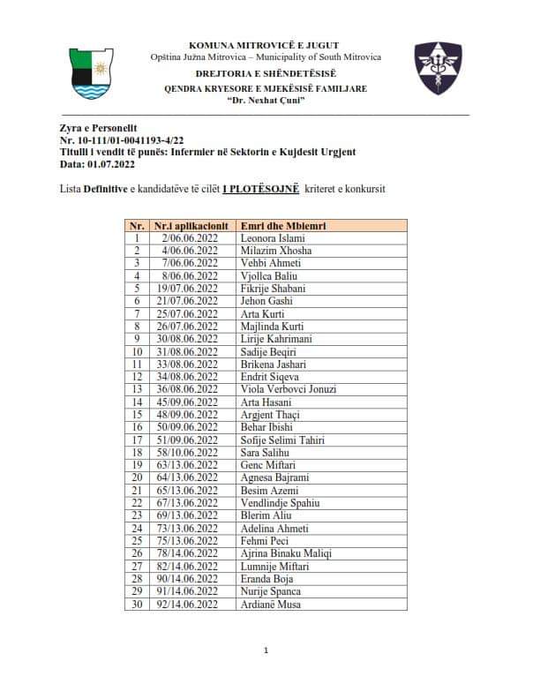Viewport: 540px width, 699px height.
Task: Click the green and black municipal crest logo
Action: click(91, 74)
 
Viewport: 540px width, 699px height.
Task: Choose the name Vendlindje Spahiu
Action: click(280, 503)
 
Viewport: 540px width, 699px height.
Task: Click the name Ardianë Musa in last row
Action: click(270, 604)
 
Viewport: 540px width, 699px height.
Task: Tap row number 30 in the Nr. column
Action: click(137, 604)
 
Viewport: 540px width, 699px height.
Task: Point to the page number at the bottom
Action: click(266, 651)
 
